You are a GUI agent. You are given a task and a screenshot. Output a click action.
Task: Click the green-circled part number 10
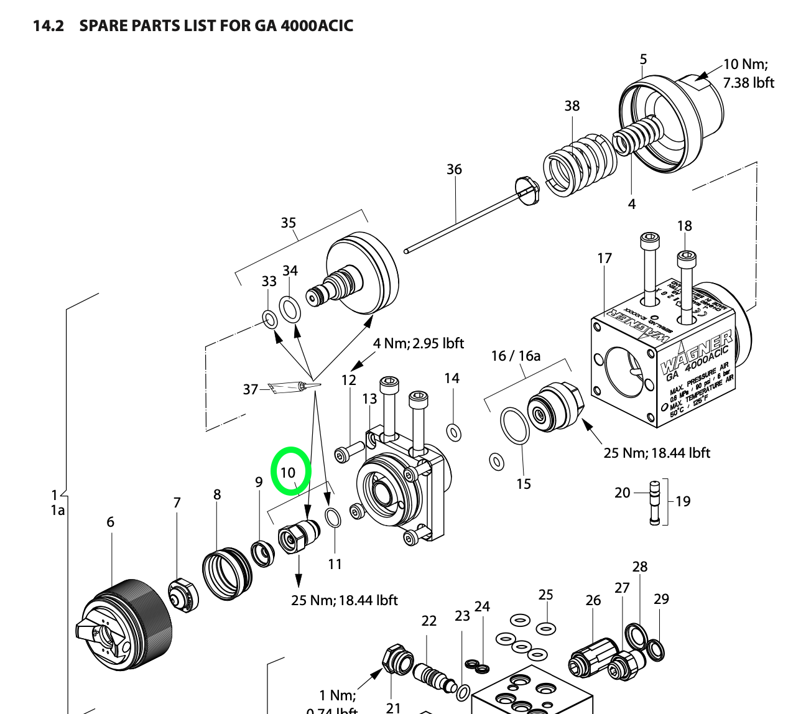pos(288,472)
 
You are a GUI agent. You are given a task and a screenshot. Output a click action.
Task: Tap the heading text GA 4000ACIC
pos(303,26)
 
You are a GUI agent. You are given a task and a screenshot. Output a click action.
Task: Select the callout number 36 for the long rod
pos(454,169)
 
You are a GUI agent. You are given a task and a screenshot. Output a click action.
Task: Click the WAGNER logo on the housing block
pos(695,353)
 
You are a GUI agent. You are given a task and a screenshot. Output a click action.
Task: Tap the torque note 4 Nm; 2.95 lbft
pos(419,343)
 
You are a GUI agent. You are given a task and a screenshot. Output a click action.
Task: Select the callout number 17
pos(604,258)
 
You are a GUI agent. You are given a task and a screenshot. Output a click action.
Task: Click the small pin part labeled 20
pos(655,503)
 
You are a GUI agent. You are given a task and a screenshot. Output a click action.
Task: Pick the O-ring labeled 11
pos(333,518)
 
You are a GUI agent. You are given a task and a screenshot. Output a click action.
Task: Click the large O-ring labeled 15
pos(515,425)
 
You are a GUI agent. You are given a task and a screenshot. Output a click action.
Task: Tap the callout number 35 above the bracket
pos(289,223)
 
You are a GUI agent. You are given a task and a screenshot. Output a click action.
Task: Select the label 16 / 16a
pos(516,356)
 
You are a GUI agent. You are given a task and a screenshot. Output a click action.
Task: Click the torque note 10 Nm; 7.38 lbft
pos(748,73)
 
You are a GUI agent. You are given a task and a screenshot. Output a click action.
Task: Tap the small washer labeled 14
pos(454,432)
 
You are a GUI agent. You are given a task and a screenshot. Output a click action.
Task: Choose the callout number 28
pos(639,567)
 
